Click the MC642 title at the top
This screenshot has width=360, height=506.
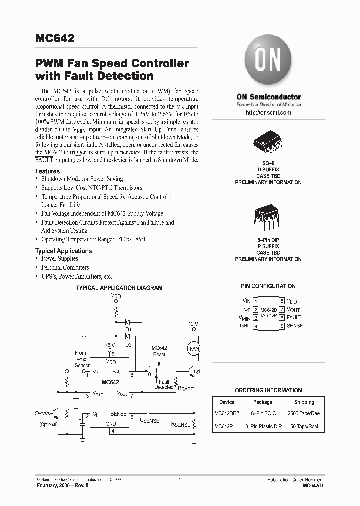click(55, 39)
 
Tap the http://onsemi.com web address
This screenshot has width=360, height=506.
click(268, 113)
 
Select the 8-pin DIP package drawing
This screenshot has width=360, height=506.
click(268, 216)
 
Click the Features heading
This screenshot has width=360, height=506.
click(47, 171)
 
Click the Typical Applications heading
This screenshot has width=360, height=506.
click(63, 251)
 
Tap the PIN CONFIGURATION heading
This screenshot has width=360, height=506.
click(268, 286)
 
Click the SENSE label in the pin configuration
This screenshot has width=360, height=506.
click(294, 326)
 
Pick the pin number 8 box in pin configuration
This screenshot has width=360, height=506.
click(282, 301)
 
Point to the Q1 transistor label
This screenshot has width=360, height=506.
click(196, 371)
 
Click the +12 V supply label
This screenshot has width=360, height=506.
click(192, 324)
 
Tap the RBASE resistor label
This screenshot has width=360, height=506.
click(185, 388)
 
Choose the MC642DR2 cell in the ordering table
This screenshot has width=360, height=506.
click(227, 414)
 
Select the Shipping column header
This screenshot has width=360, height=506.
click(304, 402)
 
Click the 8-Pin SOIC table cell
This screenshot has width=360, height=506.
click(263, 414)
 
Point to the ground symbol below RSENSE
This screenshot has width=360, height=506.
click(193, 441)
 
